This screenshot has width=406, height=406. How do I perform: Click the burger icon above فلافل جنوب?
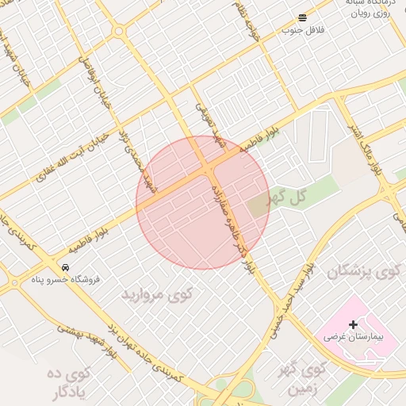tap(302, 18)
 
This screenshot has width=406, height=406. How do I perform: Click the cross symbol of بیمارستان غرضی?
tap(353, 324)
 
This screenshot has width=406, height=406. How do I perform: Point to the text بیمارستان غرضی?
tap(353, 337)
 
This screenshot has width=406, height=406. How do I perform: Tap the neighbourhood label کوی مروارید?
tap(157, 294)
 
